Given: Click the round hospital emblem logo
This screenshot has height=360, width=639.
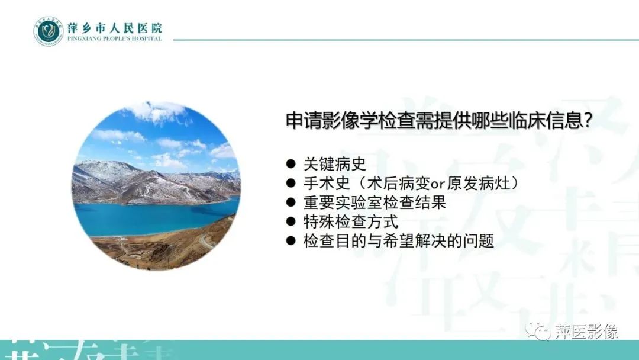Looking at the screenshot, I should click(48, 31).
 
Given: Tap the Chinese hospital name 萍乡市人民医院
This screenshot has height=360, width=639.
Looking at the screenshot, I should click(114, 27).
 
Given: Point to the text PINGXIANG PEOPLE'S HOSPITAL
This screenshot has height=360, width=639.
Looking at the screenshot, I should click(114, 39).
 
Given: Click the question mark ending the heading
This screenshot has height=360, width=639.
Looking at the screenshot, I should click(588, 121).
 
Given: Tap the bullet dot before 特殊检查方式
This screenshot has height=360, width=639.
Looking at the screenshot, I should click(290, 222).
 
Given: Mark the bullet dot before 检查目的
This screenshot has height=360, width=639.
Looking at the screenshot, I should click(290, 241).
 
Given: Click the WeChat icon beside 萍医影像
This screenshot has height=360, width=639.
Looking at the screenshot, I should click(538, 331).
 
